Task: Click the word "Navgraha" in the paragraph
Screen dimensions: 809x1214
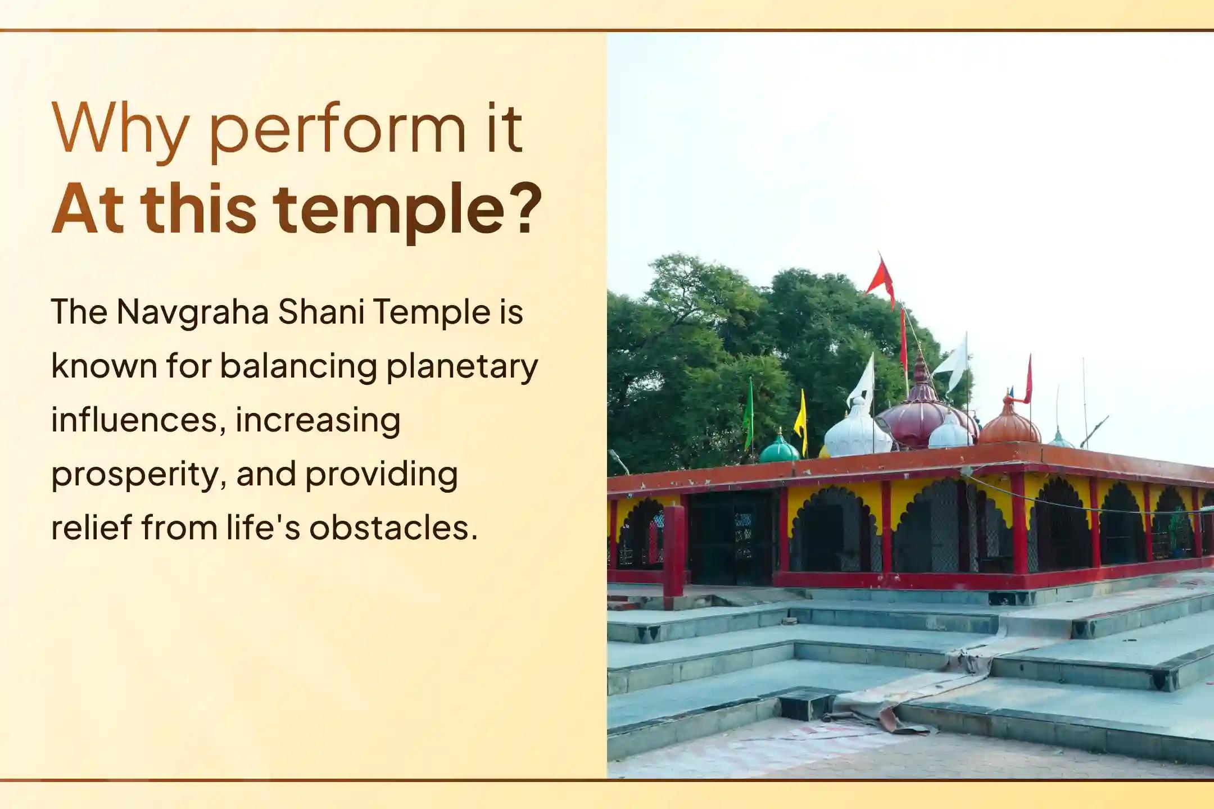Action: pos(193,312)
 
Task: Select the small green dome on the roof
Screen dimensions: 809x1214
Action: pos(778,449)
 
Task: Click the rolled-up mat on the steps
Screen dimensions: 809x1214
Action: pos(922,691)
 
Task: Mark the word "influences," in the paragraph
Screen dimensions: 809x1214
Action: pos(138,420)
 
